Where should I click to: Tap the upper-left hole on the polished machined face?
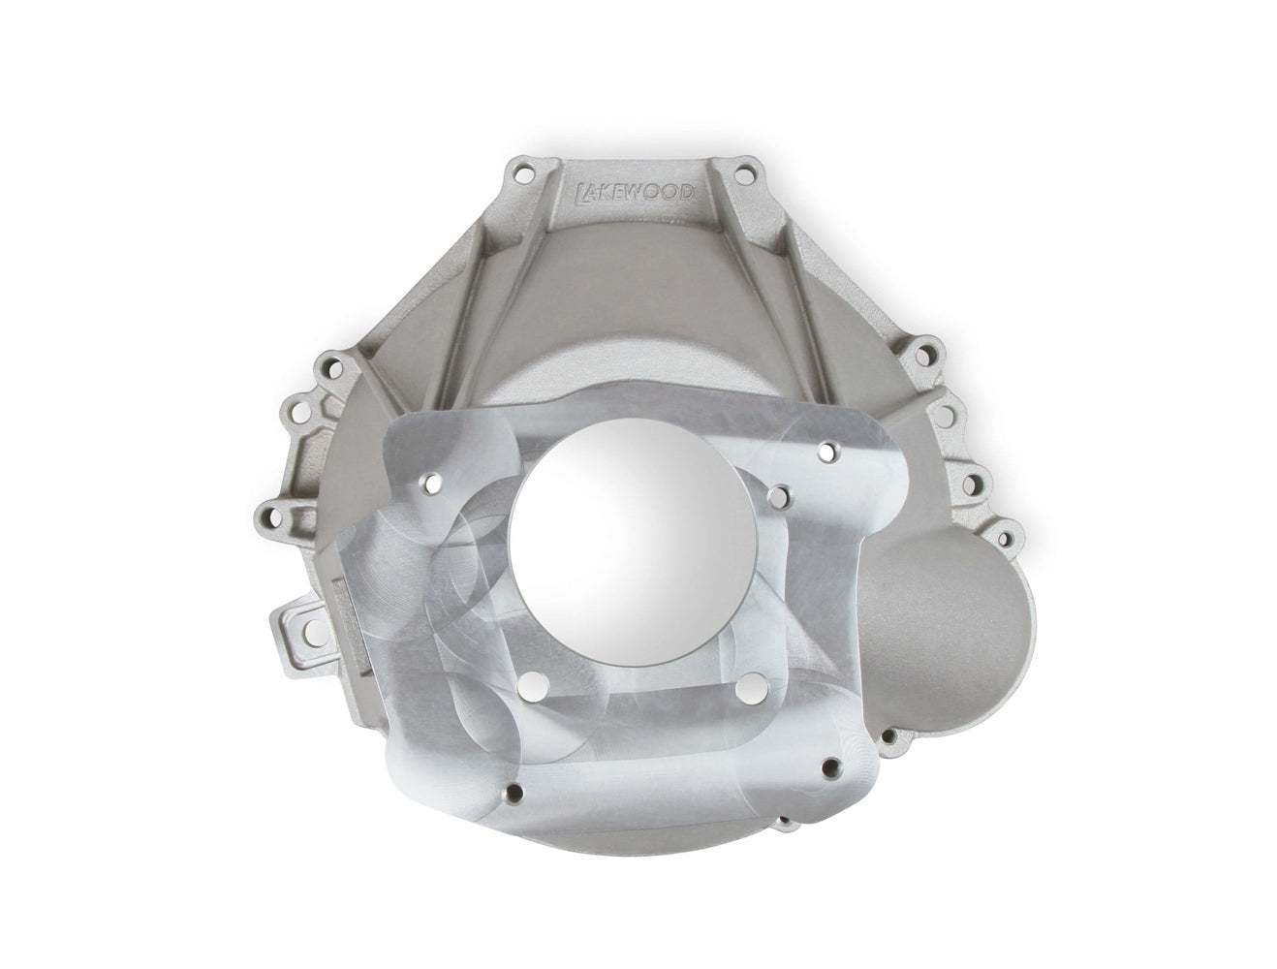pyautogui.click(x=430, y=483)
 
